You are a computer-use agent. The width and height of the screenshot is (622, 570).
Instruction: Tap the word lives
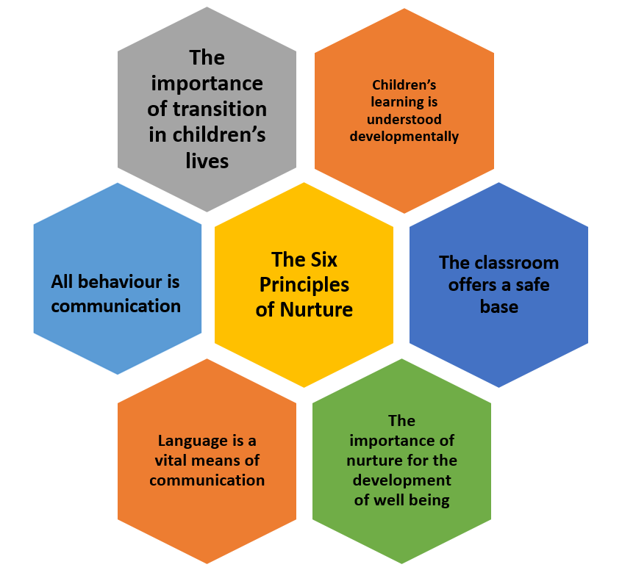pyautogui.click(x=207, y=161)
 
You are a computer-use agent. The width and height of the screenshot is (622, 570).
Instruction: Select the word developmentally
pyautogui.click(x=404, y=137)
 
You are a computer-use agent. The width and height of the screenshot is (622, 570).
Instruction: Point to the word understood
pyautogui.click(x=404, y=119)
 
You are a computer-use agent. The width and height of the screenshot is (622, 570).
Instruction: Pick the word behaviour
pyautogui.click(x=120, y=282)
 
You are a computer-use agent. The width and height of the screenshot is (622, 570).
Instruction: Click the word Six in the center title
pyautogui.click(x=324, y=260)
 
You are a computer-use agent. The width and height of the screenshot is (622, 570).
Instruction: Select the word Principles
pyautogui.click(x=304, y=285)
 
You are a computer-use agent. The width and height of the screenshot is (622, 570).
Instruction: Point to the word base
pyautogui.click(x=499, y=307)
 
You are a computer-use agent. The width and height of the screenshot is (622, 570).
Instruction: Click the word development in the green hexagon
pyautogui.click(x=402, y=481)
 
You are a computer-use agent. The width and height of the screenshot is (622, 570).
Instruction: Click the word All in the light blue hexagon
pyautogui.click(x=62, y=282)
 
